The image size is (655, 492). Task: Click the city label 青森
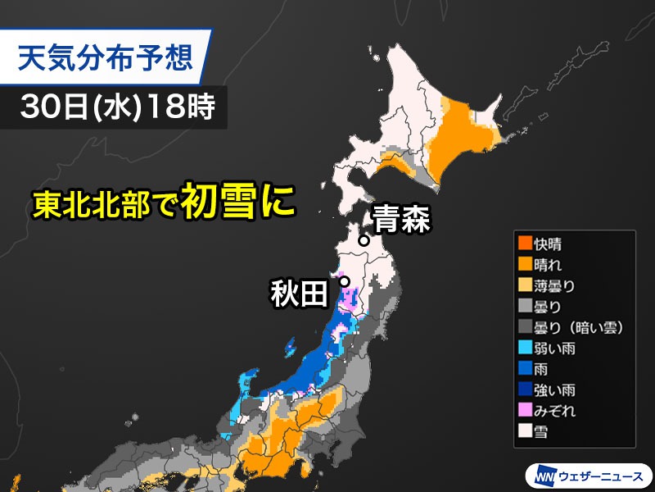coord(401,221)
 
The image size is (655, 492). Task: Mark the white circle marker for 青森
coord(364,241)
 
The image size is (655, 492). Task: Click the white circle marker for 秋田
coord(345,281)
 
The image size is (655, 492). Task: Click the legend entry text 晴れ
coord(550,264)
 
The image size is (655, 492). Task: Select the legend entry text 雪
coord(542,432)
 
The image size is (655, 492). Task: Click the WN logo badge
coord(544,475)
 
